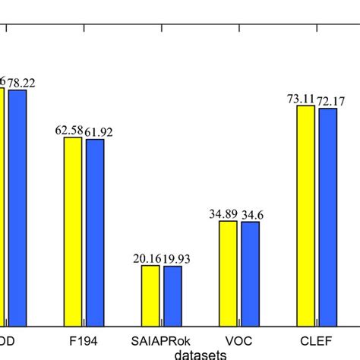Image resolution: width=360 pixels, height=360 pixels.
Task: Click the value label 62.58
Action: click(68, 131)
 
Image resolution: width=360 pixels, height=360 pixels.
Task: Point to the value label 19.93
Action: click(177, 260)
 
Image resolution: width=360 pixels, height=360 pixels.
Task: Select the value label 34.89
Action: click(224, 215)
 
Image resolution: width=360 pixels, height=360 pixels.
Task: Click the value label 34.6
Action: click(252, 216)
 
